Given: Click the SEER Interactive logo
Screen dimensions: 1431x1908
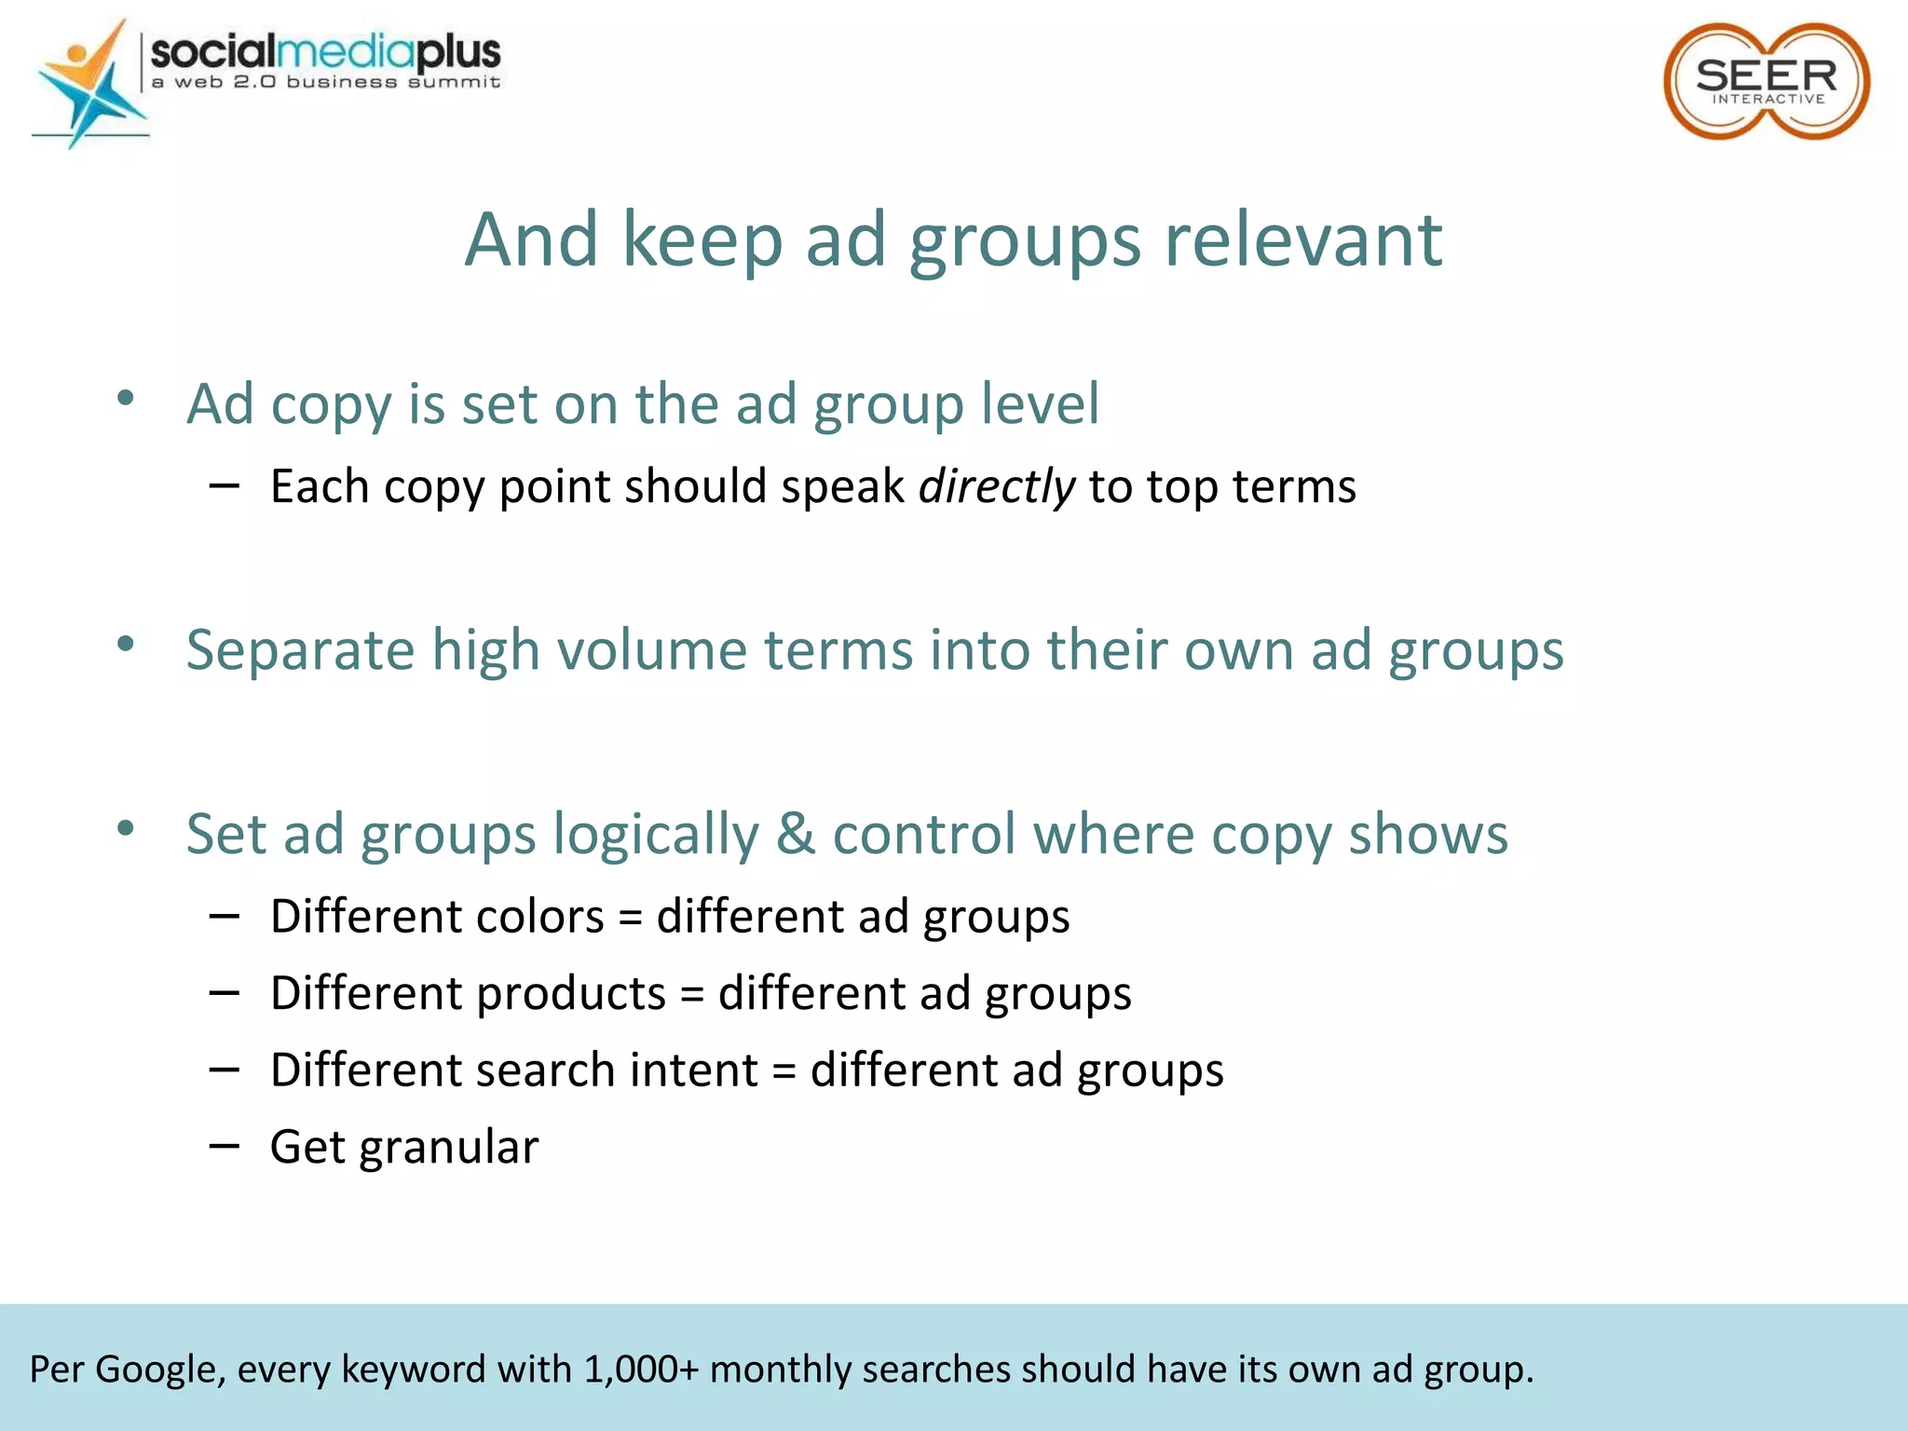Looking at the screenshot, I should [1765, 82].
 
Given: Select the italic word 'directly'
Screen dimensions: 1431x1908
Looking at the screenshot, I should [996, 486].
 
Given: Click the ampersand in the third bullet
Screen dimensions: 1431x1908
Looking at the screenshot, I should [795, 833].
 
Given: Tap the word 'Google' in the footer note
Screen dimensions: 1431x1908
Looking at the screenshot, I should [160, 1370].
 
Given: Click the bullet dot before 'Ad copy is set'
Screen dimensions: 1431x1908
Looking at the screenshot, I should [126, 399].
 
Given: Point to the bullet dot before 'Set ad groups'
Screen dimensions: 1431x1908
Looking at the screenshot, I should [126, 827].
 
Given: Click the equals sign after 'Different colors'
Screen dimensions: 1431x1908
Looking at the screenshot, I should [631, 918].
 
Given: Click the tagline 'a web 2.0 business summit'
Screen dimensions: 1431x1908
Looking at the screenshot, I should [326, 82].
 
